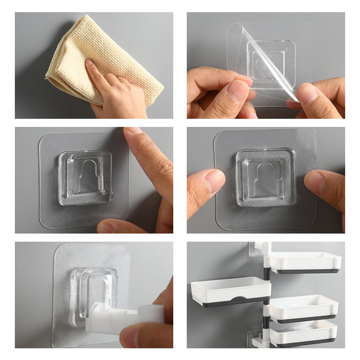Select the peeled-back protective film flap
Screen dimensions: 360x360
270,67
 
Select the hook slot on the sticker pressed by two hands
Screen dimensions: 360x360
265,178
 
